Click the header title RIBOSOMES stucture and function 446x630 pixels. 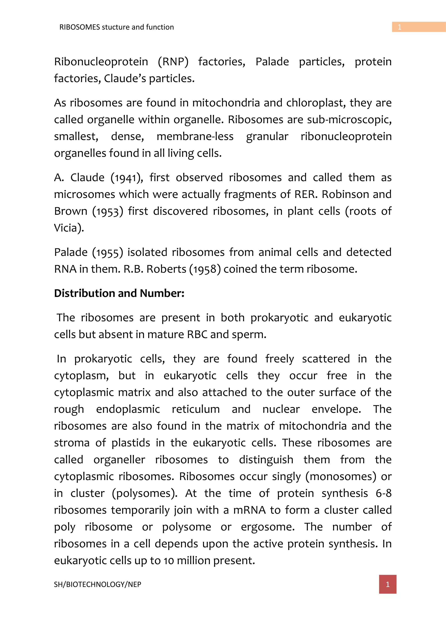[117, 27]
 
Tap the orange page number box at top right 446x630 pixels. [419, 27]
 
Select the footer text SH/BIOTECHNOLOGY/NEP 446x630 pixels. [98, 585]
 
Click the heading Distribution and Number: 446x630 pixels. [119, 293]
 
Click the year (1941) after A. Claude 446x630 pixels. [127, 178]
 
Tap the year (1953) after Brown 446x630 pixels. [108, 211]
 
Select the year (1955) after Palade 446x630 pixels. [108, 252]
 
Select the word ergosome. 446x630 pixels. [267, 527]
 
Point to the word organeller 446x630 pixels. [119, 460]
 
